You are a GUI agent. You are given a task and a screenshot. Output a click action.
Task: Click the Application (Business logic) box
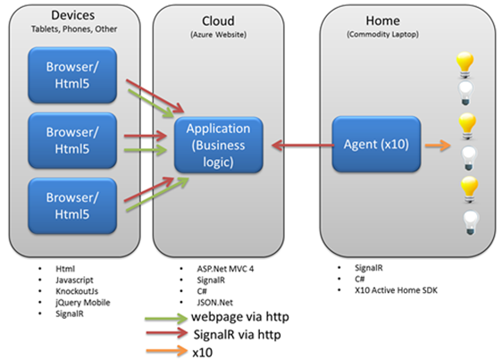click(x=219, y=145)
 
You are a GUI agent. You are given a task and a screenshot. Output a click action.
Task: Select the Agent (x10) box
click(x=376, y=144)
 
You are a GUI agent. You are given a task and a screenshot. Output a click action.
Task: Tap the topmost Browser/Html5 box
click(x=72, y=75)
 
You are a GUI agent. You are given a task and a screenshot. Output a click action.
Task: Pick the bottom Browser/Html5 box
click(x=72, y=205)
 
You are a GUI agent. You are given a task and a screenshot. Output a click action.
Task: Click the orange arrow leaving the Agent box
click(x=438, y=146)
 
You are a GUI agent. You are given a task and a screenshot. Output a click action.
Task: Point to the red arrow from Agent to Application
click(x=303, y=146)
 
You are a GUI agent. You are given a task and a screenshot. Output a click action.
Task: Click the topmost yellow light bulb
click(x=465, y=65)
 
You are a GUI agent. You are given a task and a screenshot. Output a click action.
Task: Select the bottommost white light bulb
click(x=471, y=222)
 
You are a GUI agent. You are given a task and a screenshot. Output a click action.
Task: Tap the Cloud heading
click(x=218, y=21)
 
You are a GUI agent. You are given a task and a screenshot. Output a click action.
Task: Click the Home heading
click(x=382, y=21)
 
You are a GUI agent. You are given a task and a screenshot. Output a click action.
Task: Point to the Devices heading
click(x=73, y=15)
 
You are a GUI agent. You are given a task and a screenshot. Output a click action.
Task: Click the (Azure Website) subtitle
click(x=219, y=35)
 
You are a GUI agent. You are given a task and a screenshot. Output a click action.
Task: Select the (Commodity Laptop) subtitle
click(x=382, y=34)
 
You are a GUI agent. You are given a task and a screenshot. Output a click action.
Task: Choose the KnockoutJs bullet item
click(x=77, y=291)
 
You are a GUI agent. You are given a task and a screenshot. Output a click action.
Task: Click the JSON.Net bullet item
click(x=215, y=302)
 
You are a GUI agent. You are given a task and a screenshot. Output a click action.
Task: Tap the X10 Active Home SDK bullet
click(x=396, y=290)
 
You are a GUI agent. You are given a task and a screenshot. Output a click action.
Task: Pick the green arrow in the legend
click(x=166, y=318)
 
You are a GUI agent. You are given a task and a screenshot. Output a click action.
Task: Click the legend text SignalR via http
click(x=238, y=334)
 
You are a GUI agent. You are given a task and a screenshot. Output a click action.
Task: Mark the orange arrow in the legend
click(x=166, y=351)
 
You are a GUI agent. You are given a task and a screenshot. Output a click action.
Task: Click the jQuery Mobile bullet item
click(x=83, y=303)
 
